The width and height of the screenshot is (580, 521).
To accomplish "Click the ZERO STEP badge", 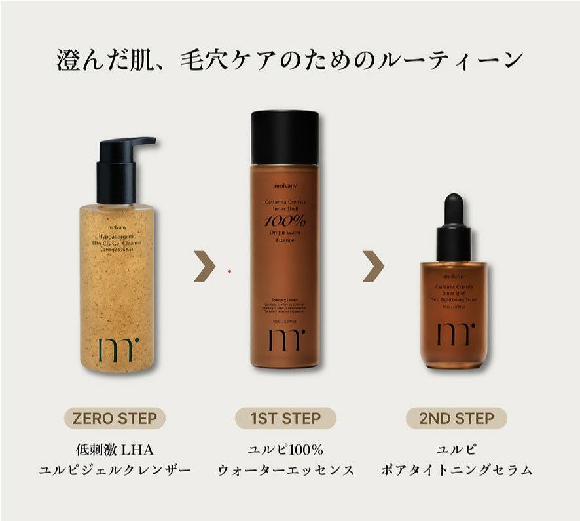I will click(115, 418).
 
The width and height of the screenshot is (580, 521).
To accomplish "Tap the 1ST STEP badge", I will click(285, 418).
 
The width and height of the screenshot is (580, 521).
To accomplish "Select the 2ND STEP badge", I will click(456, 418).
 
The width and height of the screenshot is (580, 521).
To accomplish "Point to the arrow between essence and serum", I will click(374, 267).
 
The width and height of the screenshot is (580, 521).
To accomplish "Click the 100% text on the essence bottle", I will click(285, 222).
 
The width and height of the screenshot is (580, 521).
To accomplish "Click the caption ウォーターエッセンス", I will click(285, 471).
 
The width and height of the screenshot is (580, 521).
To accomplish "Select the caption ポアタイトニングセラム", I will click(456, 471).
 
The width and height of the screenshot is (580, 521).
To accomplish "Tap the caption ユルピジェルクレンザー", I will click(115, 471).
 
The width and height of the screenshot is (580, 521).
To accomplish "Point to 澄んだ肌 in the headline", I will click(98, 60).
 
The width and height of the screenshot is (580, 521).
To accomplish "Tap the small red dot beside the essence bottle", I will click(230, 270).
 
